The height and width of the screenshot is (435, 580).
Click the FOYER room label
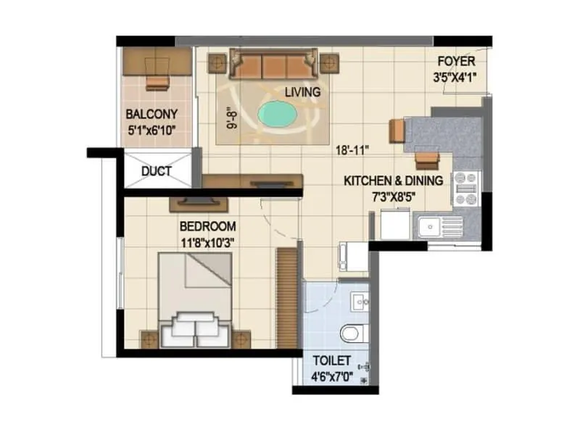457,62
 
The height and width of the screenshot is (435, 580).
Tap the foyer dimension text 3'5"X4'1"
457,76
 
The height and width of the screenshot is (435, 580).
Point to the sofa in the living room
273,65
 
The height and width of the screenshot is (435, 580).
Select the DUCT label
156,172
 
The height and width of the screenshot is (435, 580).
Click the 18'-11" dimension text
353,151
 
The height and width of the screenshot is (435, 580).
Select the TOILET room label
332,360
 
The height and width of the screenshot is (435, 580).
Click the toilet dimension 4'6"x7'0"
332,376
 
